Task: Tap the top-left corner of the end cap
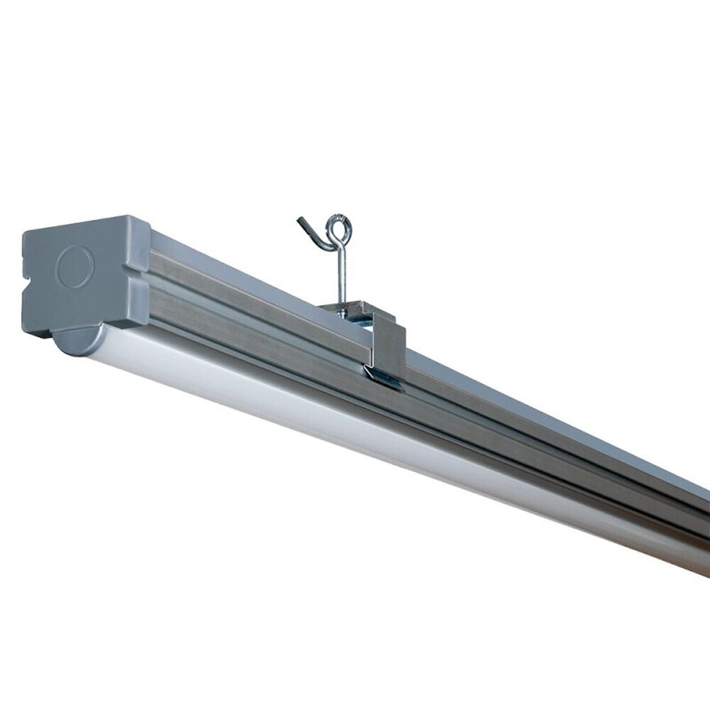(28, 231)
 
